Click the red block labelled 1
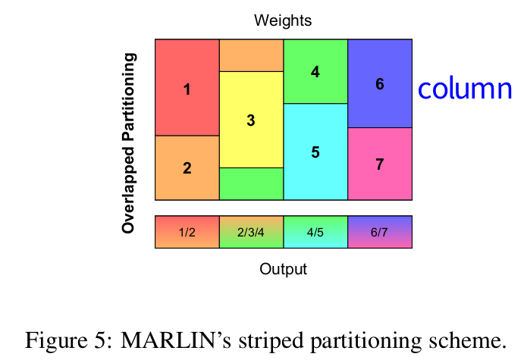187,88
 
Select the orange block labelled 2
187,167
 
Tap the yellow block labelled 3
251,120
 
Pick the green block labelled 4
315,71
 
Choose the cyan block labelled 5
315,152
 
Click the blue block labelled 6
380,83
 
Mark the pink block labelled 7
380,164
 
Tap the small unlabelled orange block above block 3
251,55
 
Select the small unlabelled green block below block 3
251,183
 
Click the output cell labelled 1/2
187,232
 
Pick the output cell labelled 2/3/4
251,232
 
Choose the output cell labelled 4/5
315,232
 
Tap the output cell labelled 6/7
380,232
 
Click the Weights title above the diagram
283,20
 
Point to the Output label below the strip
283,268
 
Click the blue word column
465,89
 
